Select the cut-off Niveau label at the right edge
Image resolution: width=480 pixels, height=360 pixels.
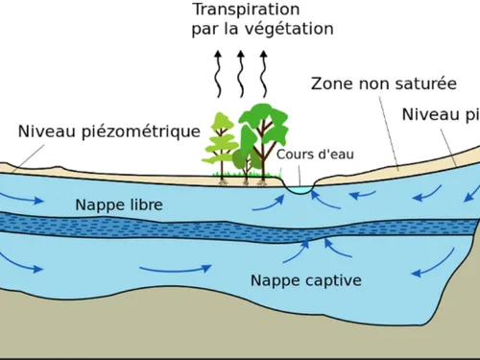(441, 115)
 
